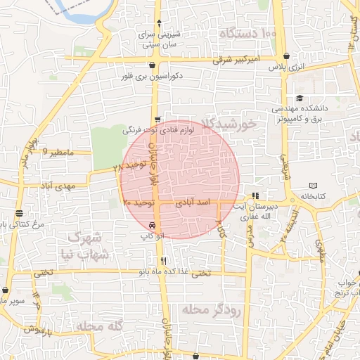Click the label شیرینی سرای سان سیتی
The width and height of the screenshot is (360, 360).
[x=162, y=39]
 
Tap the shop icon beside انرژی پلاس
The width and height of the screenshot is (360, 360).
[x=285, y=57]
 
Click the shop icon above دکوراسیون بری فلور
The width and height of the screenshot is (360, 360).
[x=152, y=65]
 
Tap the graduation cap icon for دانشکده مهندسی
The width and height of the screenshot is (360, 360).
[x=300, y=98]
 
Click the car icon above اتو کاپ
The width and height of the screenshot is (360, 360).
[x=153, y=226]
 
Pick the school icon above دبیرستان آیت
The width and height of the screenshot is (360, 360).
[x=255, y=195]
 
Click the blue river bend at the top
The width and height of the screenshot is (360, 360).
[x=73, y=14]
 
